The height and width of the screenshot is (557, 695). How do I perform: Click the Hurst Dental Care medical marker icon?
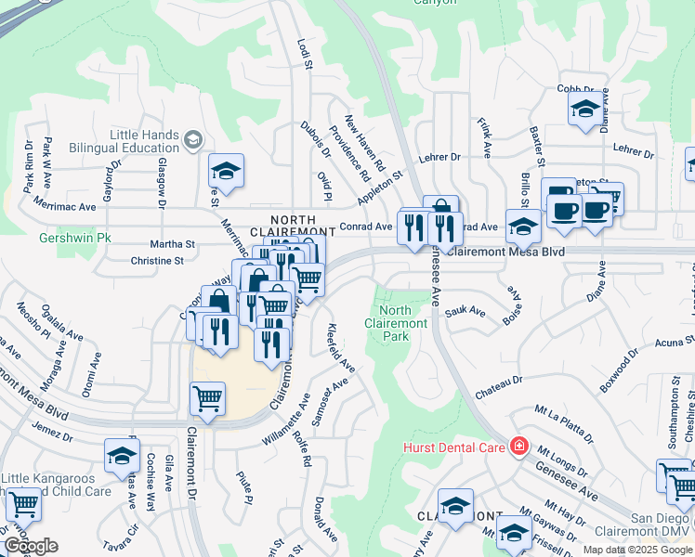518,447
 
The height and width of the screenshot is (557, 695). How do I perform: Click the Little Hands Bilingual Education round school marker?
193,140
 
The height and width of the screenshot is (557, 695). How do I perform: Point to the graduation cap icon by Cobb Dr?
583,109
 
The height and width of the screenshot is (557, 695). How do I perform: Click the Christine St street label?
157,261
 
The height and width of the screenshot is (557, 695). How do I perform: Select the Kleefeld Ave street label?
341,348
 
